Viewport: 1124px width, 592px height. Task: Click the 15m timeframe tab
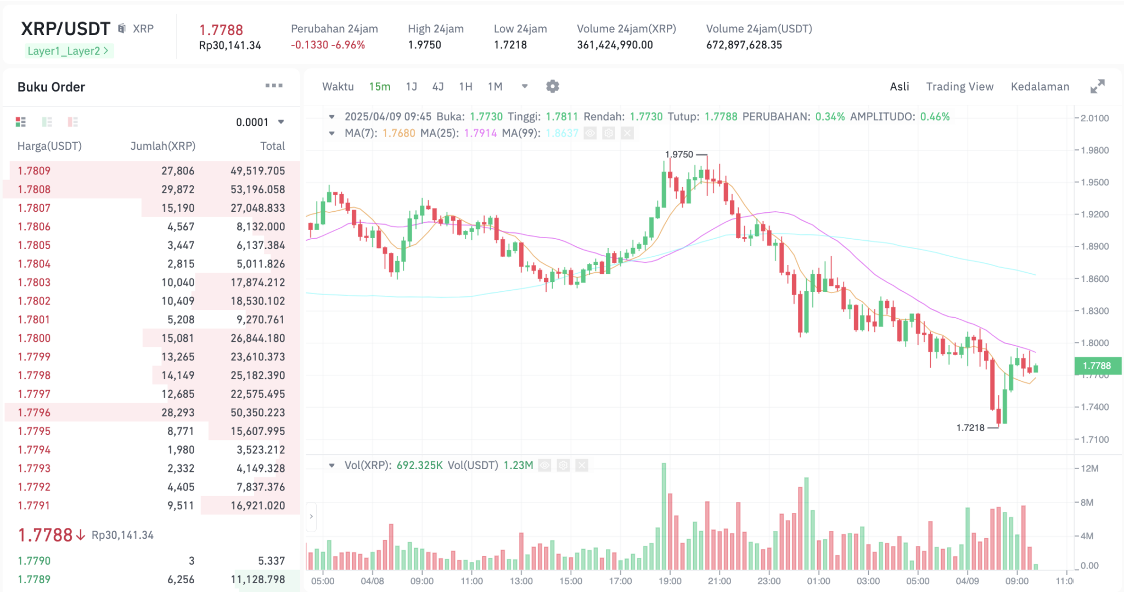[x=379, y=87]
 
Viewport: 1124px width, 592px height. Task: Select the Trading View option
[x=959, y=87]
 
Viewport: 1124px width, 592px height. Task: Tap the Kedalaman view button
[x=1039, y=87]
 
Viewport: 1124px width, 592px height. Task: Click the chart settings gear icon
[x=553, y=87]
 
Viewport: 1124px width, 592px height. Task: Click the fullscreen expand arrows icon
[x=1097, y=87]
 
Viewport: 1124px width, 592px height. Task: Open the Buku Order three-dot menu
[x=274, y=86]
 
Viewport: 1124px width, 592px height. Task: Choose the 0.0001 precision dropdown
[x=260, y=122]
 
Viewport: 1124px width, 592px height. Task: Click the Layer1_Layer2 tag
[x=68, y=51]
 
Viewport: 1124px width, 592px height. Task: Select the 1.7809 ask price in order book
[x=34, y=171]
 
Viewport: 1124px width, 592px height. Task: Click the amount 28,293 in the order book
[x=178, y=413]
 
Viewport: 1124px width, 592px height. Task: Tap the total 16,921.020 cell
[x=257, y=505]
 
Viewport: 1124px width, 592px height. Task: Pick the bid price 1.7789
[x=34, y=579]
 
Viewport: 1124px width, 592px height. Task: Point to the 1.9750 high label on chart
[x=679, y=155]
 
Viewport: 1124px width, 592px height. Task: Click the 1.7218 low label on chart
[x=970, y=428]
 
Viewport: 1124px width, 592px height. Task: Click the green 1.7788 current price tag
[x=1097, y=366]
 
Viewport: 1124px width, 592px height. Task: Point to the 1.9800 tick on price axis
[x=1094, y=150]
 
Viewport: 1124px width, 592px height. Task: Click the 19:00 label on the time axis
[x=670, y=581]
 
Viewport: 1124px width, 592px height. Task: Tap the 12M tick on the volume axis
[x=1089, y=469]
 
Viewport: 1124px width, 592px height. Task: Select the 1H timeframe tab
[x=465, y=87]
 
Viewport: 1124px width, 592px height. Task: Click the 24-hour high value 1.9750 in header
[x=424, y=45]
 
